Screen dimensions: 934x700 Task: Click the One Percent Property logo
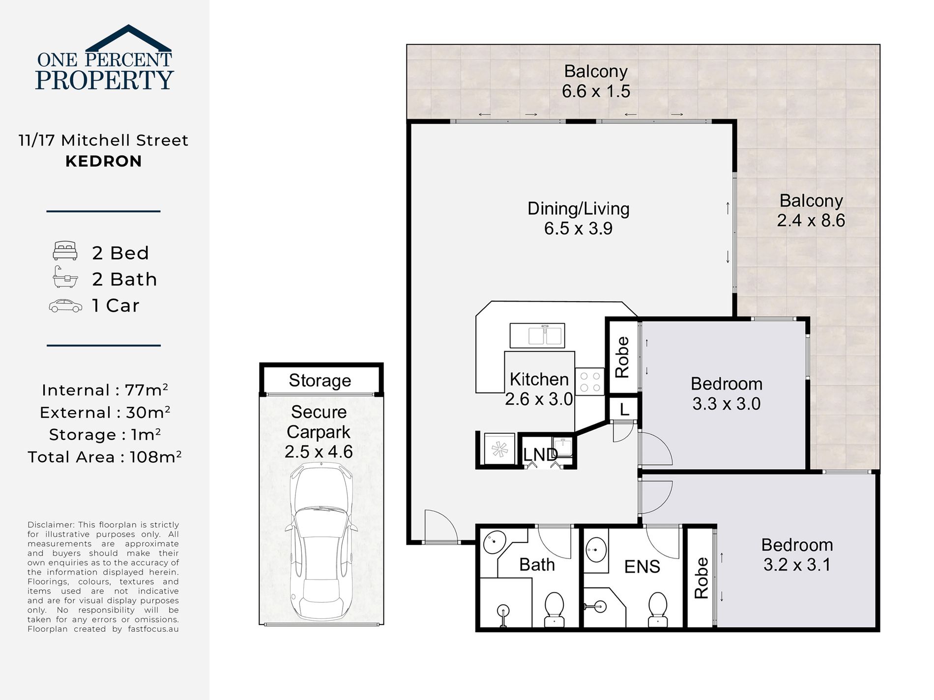[x=104, y=57]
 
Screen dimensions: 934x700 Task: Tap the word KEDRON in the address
[x=104, y=161]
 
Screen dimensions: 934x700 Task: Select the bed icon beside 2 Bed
[x=65, y=251]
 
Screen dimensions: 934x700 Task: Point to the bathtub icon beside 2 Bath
[x=65, y=277]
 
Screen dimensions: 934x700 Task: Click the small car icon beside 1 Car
[x=65, y=306]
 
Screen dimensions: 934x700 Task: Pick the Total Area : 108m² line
[x=105, y=457]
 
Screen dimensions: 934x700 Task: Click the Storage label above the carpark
[x=320, y=381]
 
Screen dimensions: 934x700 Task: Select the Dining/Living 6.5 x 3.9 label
[x=579, y=218]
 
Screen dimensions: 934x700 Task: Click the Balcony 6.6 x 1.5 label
[x=596, y=81]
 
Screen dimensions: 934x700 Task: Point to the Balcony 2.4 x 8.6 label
[x=811, y=210]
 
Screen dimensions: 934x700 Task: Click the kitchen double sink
[x=537, y=336]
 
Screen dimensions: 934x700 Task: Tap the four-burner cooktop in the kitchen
[x=590, y=382]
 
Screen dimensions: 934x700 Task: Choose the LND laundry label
[x=540, y=454]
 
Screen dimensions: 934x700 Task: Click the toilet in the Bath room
[x=555, y=609]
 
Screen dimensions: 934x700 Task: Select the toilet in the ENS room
[x=658, y=609]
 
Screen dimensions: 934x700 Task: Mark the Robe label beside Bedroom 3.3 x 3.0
[x=622, y=357]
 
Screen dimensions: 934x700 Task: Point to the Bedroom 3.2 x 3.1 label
[x=797, y=555]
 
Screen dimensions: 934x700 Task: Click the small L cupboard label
[x=624, y=409]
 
